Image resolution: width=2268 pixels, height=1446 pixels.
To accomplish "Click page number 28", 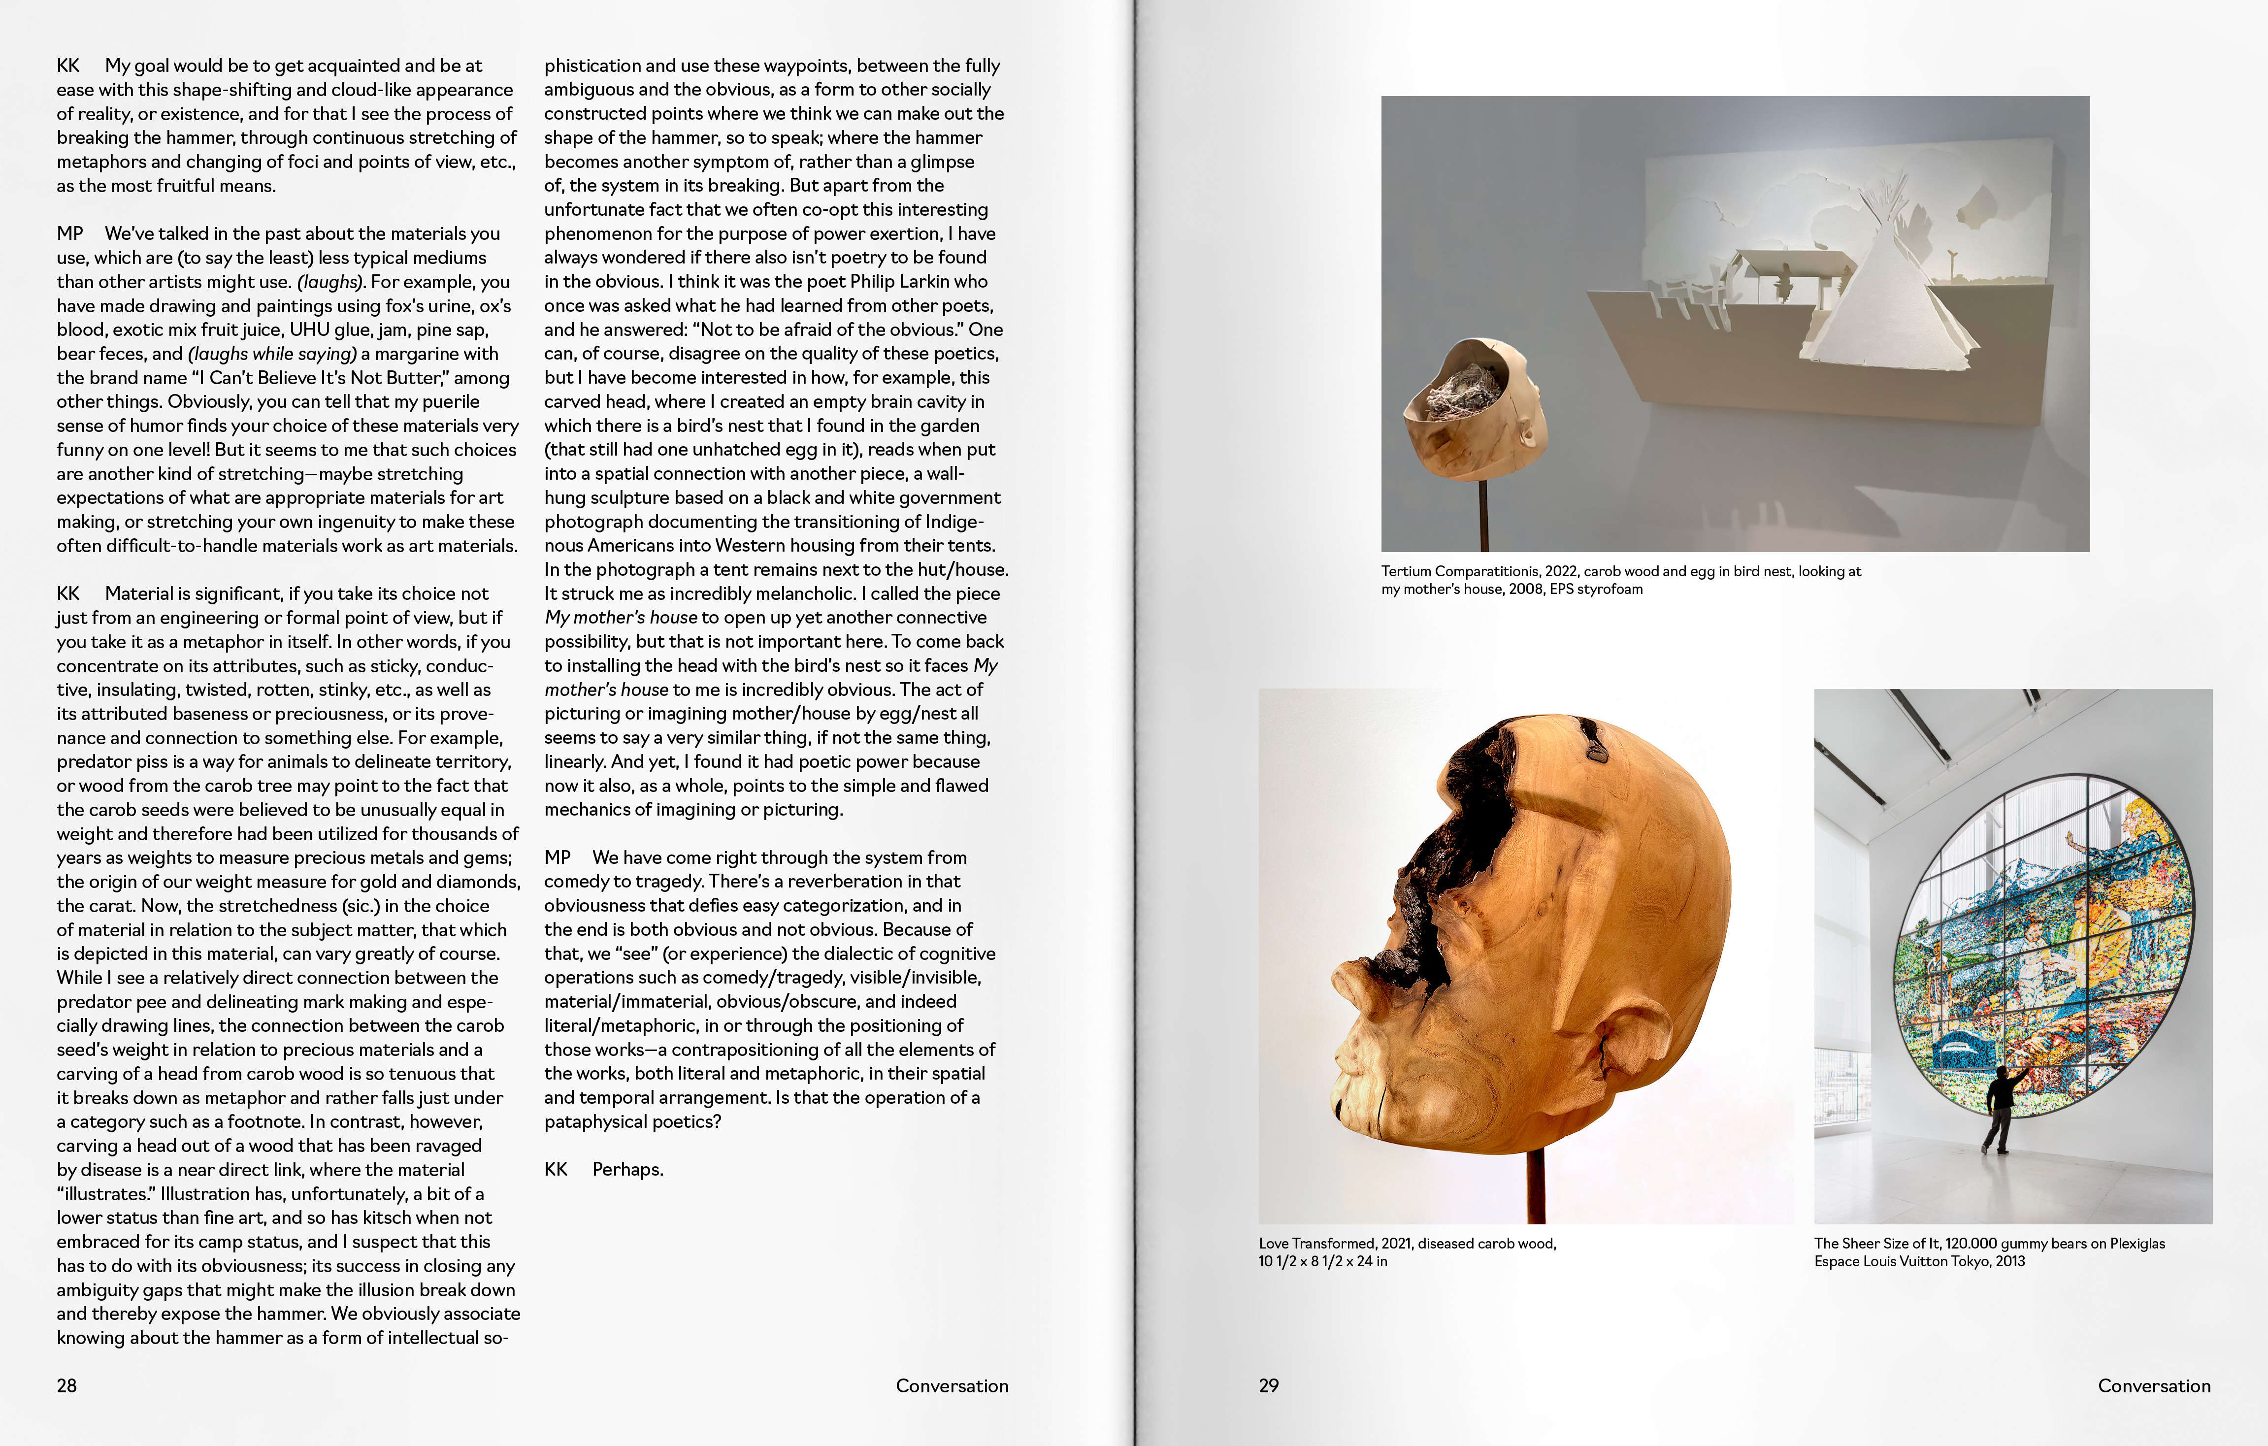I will click(67, 1386).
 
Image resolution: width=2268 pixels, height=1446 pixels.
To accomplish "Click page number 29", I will click(1269, 1386).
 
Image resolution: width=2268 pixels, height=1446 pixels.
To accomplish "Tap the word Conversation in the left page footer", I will click(951, 1386).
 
